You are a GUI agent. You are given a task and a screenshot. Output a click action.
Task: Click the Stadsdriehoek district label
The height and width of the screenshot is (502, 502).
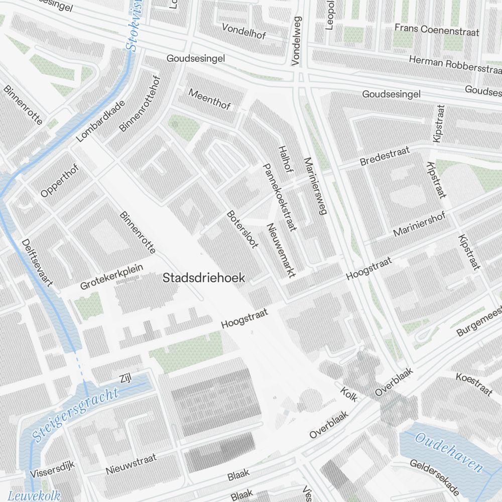204,278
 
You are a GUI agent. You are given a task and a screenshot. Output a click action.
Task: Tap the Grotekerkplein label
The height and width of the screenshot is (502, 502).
111,277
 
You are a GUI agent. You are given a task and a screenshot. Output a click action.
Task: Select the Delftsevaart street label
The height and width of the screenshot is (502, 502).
37,263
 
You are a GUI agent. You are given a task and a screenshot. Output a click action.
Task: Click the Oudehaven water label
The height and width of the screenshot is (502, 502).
448,452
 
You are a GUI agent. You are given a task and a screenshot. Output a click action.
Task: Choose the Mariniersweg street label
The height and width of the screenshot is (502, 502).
315,186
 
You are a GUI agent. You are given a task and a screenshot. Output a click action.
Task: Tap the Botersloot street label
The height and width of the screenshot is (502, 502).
241,229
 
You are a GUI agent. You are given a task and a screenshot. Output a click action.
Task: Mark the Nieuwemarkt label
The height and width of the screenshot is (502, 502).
281,250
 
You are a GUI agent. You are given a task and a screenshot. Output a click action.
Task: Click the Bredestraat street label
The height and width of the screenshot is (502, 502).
385,156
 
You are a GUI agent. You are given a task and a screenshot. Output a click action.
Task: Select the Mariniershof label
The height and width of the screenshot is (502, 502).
419,225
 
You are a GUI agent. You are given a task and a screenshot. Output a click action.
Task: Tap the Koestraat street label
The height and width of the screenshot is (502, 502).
474,384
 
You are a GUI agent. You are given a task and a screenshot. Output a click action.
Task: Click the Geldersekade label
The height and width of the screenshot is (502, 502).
434,477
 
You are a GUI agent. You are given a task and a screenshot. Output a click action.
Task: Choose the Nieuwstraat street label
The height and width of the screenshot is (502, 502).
131,464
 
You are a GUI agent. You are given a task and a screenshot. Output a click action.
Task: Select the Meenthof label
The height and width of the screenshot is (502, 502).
209,99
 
